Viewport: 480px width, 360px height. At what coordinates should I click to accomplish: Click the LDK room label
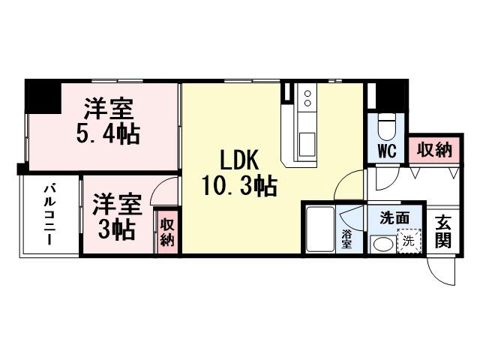point(238,160)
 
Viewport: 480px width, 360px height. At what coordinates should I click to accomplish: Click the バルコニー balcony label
point(49,214)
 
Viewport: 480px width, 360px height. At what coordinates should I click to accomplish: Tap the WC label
point(386,150)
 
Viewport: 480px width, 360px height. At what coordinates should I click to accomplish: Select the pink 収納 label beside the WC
point(434,149)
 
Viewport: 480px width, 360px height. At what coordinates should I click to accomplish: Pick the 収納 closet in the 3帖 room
point(167,232)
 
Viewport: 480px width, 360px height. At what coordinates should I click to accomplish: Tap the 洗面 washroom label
point(394,219)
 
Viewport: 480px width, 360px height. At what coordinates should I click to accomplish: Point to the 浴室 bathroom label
point(347,238)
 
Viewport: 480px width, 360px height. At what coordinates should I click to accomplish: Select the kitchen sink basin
point(307,141)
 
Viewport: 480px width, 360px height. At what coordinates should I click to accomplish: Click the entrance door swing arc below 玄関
point(442,268)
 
